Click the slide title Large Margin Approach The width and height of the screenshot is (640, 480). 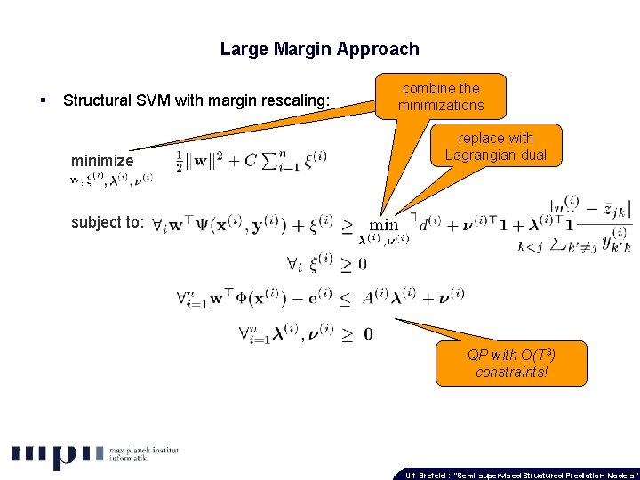click(319, 49)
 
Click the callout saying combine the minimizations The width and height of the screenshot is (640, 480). click(441, 97)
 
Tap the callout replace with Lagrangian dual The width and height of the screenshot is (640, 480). click(495, 147)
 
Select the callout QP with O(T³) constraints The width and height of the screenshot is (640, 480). click(511, 363)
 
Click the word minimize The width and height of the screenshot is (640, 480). click(102, 161)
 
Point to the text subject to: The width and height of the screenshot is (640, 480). click(107, 222)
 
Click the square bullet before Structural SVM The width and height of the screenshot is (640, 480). click(44, 100)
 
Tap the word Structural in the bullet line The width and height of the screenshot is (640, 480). click(98, 100)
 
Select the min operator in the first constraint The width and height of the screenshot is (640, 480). click(384, 225)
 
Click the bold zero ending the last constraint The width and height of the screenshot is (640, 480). click(368, 334)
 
